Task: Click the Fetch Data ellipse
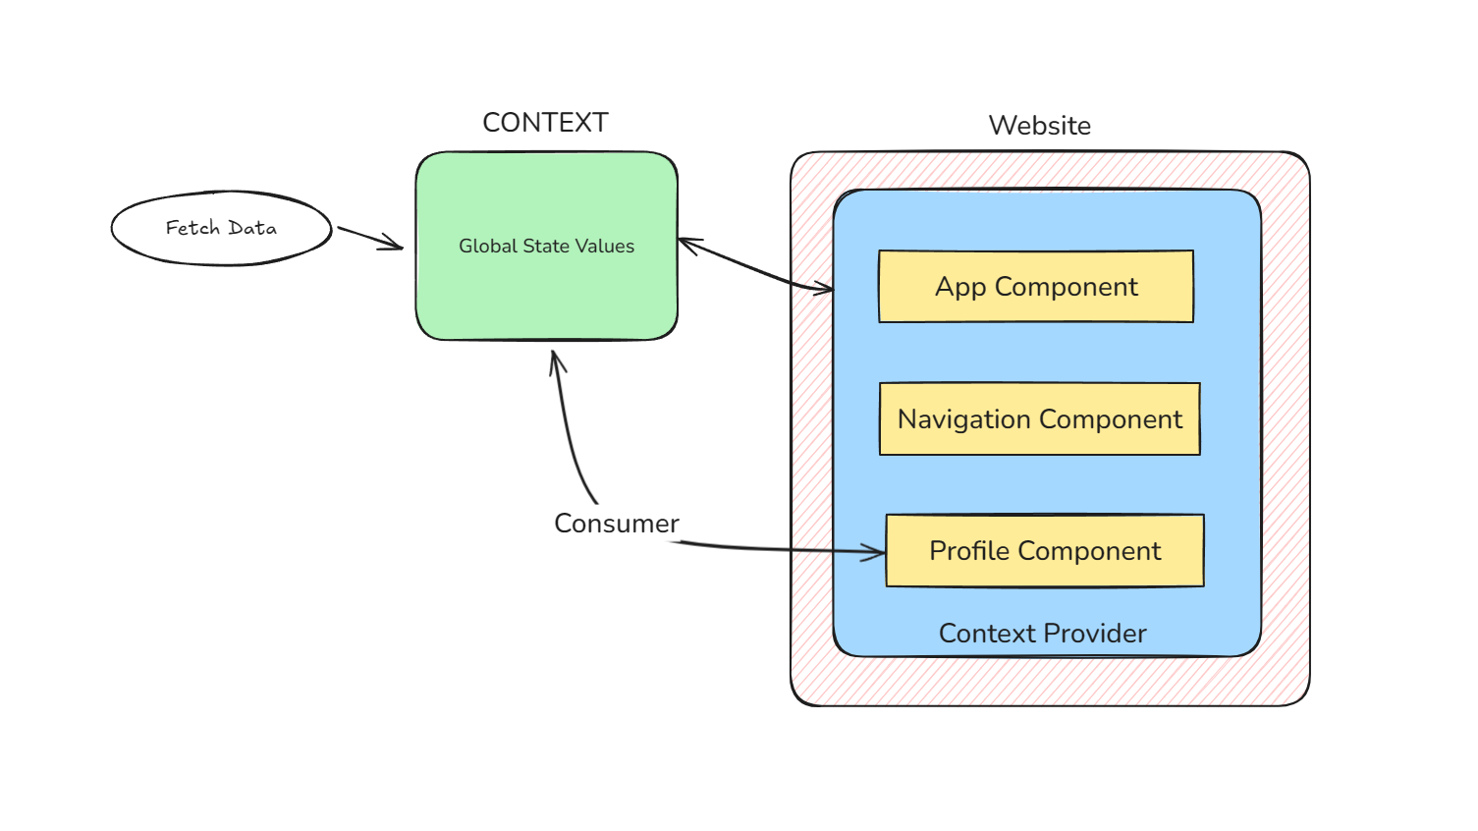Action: click(x=221, y=228)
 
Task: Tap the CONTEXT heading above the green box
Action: click(x=545, y=123)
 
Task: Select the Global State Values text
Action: click(x=546, y=247)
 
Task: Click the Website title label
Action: click(x=1039, y=126)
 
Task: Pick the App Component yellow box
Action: click(x=1036, y=287)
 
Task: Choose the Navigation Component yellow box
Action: click(x=1039, y=419)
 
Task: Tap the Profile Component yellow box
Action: click(x=1045, y=551)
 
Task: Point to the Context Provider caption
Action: click(x=1042, y=634)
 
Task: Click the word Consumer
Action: click(x=616, y=524)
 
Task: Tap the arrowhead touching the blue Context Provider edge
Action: click(x=823, y=288)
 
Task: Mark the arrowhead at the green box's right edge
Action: click(x=688, y=245)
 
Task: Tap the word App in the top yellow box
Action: click(x=959, y=287)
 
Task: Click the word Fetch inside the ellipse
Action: click(x=192, y=228)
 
